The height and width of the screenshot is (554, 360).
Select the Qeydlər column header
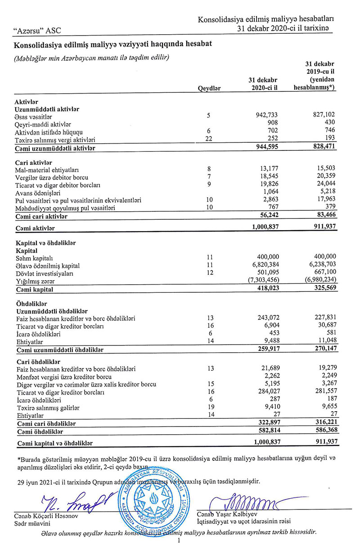(x=209, y=89)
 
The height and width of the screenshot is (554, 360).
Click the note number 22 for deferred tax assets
(x=209, y=140)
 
